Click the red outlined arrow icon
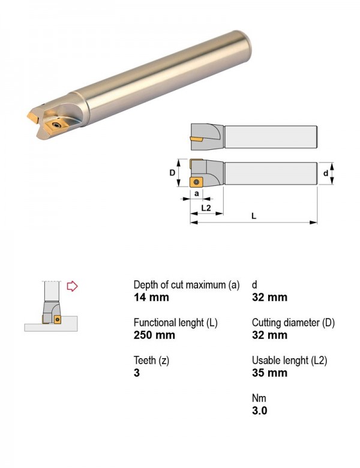[72, 286]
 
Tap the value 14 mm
[151, 298]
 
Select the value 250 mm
[154, 335]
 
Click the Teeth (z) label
[151, 361]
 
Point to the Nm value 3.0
[259, 410]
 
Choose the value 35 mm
[269, 373]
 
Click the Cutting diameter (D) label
[293, 323]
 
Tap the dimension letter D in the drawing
[172, 173]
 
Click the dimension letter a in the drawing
[196, 193]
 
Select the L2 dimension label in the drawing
[206, 208]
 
